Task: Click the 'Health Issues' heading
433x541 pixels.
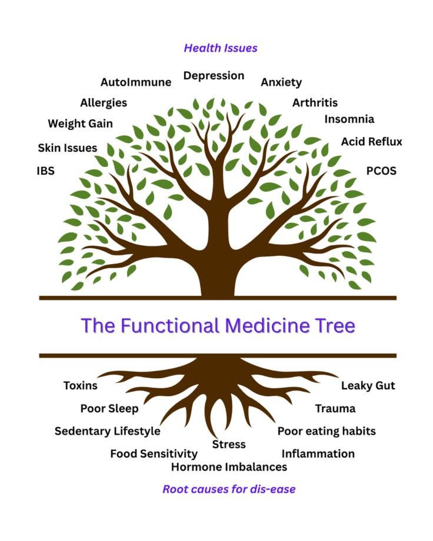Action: tap(221, 48)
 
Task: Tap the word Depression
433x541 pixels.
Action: tap(214, 76)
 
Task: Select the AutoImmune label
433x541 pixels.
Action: tap(136, 82)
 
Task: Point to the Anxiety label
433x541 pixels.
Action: tap(281, 82)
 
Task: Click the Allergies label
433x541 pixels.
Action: tap(104, 103)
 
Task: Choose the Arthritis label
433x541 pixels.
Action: tap(315, 102)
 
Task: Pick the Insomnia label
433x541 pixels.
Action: tap(349, 119)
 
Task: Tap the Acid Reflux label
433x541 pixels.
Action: tap(372, 142)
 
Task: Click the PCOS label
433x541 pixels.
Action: tap(381, 171)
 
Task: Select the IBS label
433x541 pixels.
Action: tap(45, 171)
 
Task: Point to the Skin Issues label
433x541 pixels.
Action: tap(67, 148)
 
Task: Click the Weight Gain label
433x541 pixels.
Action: tap(80, 123)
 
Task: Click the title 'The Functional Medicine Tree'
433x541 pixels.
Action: tap(218, 325)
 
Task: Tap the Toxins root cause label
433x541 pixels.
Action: tap(81, 385)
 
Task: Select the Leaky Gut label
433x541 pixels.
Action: tap(368, 386)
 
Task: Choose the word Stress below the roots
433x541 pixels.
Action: tap(229, 444)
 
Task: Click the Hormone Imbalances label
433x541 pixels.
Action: tap(229, 467)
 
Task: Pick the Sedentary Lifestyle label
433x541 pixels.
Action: tap(108, 431)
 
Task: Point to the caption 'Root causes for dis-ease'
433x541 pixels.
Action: tap(229, 489)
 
